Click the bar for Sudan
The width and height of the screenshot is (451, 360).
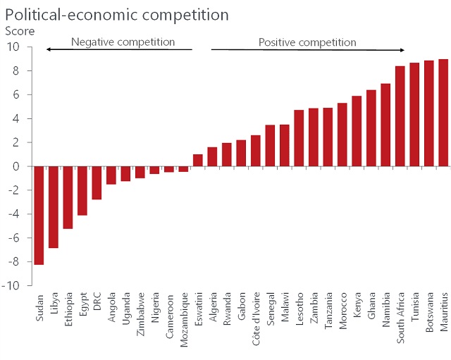click(x=39, y=216)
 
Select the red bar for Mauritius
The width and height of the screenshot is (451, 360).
click(x=443, y=113)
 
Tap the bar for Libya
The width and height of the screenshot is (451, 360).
click(x=53, y=207)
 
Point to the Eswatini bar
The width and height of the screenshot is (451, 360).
click(x=198, y=161)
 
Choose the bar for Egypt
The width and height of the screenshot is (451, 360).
click(x=82, y=191)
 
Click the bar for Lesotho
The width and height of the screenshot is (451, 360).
click(x=299, y=138)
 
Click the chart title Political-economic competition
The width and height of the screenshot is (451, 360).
click(x=117, y=14)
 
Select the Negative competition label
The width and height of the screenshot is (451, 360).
click(x=123, y=42)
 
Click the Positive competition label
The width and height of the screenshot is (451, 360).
click(x=307, y=42)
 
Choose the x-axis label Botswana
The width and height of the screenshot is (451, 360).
click(x=429, y=316)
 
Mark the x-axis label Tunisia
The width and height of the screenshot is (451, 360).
click(x=414, y=311)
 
